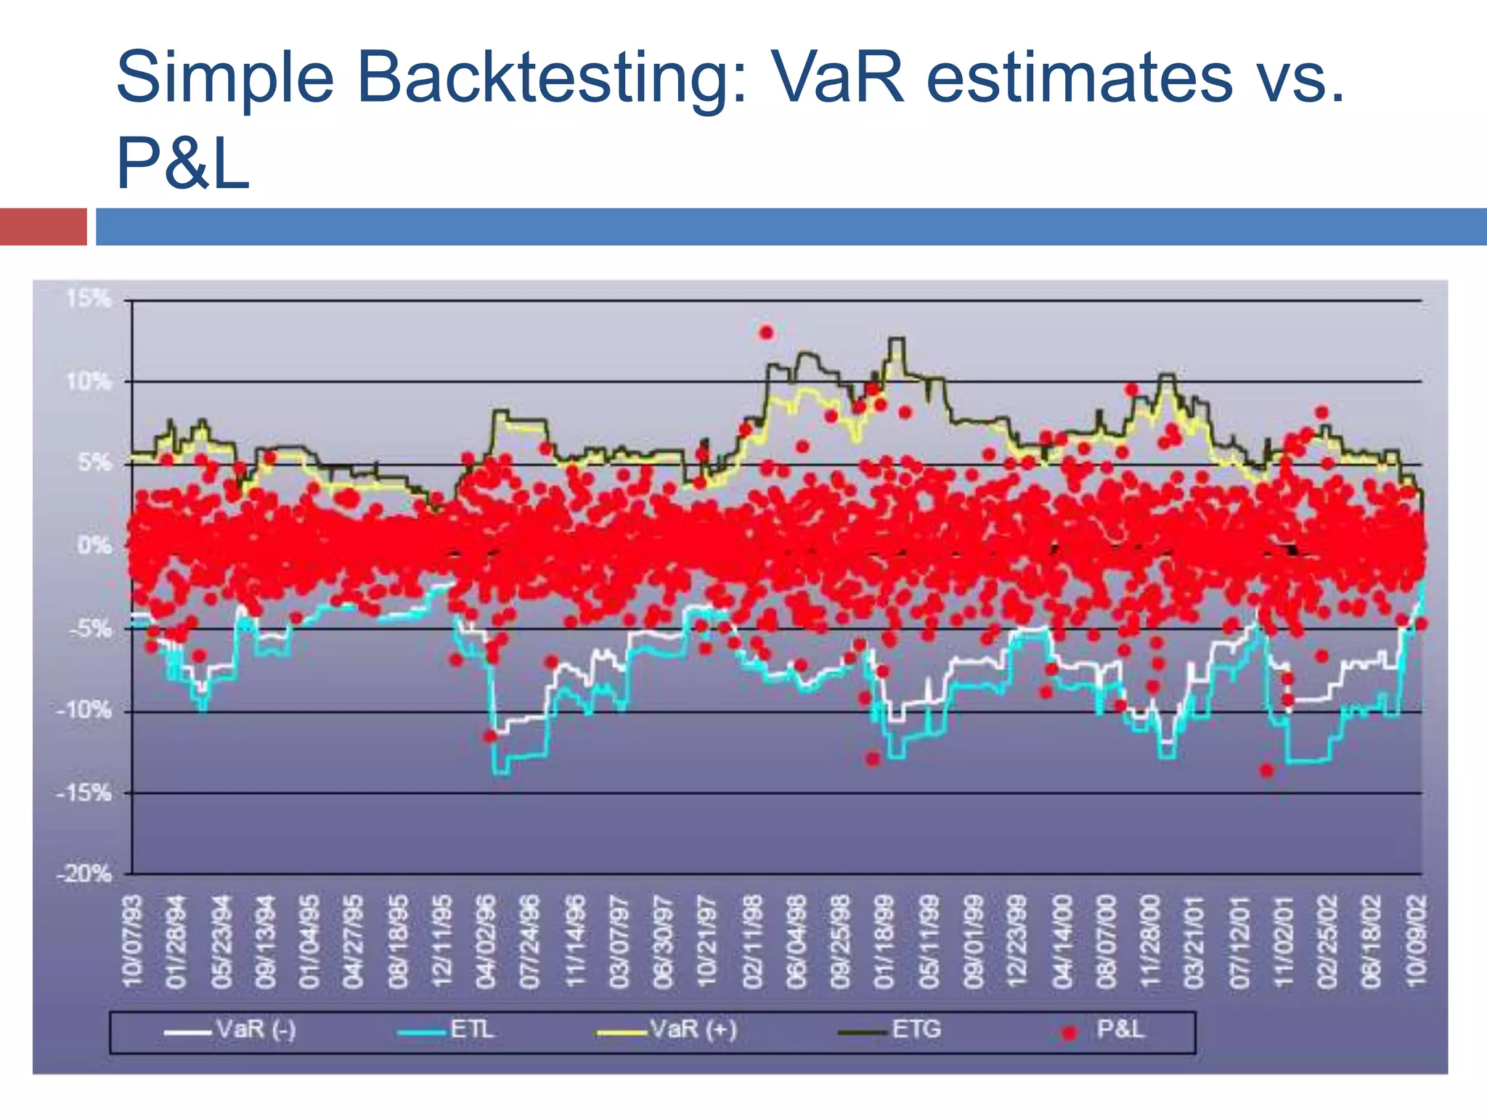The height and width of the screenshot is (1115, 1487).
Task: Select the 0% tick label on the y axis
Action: click(95, 546)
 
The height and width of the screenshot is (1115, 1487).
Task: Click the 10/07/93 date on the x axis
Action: click(134, 941)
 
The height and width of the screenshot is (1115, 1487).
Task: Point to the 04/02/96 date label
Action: click(486, 941)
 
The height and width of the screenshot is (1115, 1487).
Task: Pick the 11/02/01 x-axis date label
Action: click(1284, 941)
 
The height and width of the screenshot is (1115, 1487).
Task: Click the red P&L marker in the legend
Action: click(1068, 1032)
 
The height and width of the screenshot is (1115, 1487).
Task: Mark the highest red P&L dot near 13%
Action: click(767, 333)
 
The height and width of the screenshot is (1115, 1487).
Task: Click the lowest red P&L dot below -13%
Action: click(1266, 770)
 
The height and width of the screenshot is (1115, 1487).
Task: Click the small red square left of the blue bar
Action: click(43, 226)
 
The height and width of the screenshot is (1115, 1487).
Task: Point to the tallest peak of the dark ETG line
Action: click(897, 339)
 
